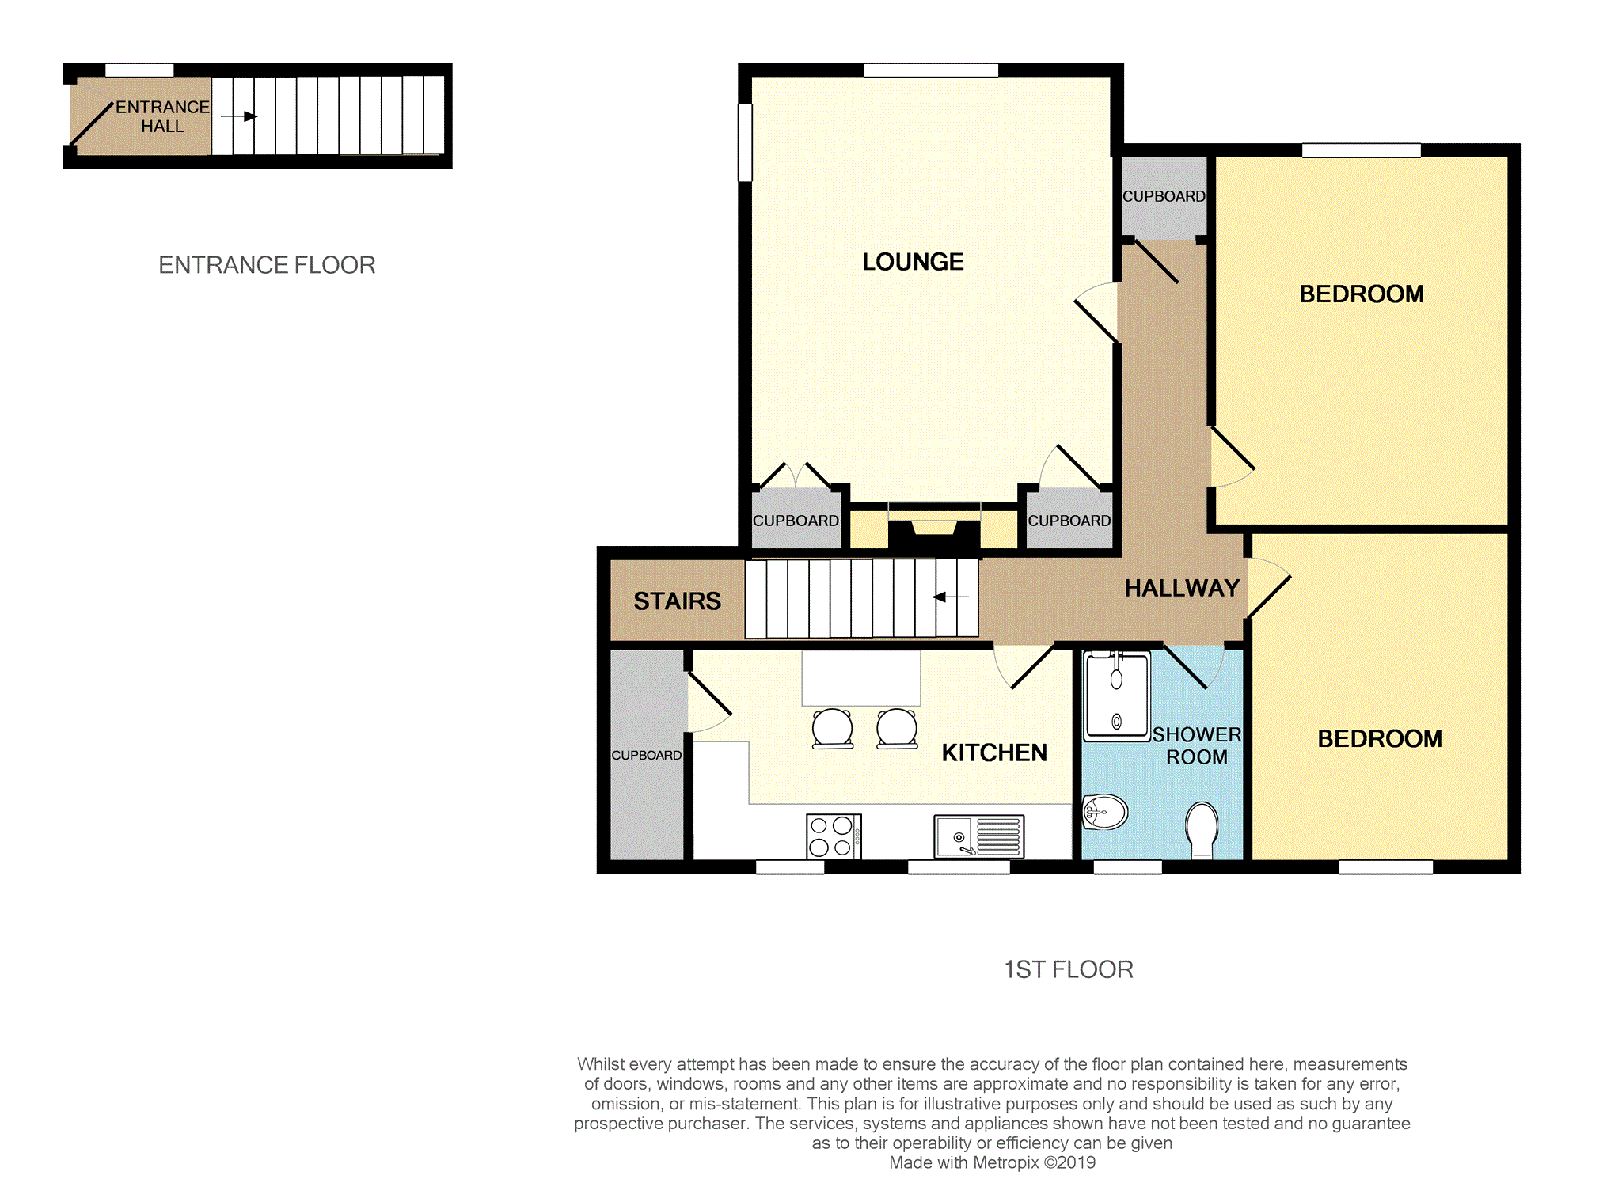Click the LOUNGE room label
coord(913,262)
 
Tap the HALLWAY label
coord(1182,588)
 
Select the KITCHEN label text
coord(994,753)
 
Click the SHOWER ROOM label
coord(1197,745)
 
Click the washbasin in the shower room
coord(1104,811)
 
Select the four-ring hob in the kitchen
coord(834,836)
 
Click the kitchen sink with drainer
coord(978,836)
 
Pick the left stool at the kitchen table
coord(833,728)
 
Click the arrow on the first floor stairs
coord(951,597)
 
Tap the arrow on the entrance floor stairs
coord(239,116)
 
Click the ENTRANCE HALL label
coord(162,116)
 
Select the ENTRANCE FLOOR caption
coord(267,265)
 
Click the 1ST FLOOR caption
coord(1069,969)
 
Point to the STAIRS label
coord(677,601)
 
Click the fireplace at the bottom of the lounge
coord(934,527)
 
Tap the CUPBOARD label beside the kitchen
coord(646,755)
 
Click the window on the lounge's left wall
coord(745,142)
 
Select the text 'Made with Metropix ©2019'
coord(992,1162)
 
